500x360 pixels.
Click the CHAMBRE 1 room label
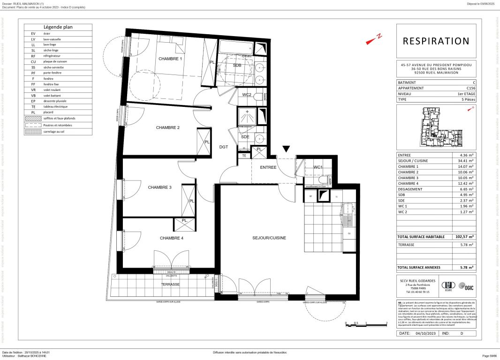click(169, 59)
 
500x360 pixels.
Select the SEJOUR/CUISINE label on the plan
click(269, 238)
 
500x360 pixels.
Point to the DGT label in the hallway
click(224, 147)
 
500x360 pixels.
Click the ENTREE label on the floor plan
click(268, 167)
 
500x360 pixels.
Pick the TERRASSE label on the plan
click(170, 285)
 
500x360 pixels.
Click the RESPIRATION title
click(436, 41)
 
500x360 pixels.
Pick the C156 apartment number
click(470, 88)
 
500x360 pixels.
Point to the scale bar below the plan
click(365, 323)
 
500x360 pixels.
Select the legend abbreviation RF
click(33, 56)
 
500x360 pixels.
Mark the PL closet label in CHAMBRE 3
click(192, 201)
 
